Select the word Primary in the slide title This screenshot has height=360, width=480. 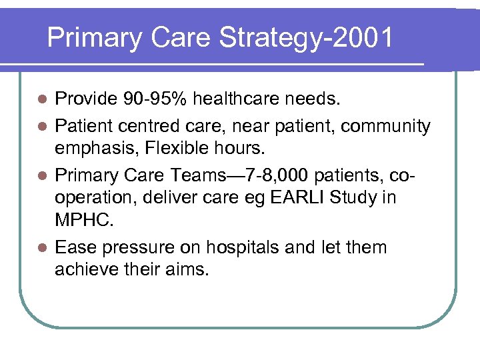point(94,38)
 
